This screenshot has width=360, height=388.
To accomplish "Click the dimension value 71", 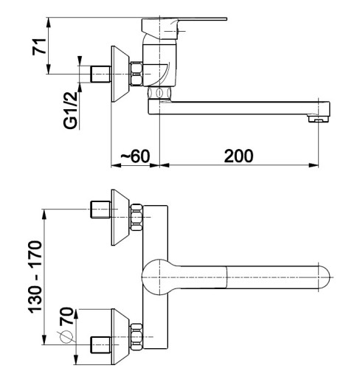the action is [x=39, y=46].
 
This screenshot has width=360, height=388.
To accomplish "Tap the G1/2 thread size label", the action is [x=70, y=110].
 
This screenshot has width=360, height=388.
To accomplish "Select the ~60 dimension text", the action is [x=135, y=156].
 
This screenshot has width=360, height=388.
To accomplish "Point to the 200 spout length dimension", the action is [x=238, y=156].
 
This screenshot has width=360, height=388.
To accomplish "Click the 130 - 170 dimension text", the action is [x=35, y=277].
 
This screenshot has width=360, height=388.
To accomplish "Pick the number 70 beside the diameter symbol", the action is [x=66, y=316].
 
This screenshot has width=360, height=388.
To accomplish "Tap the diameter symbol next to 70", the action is [x=66, y=337].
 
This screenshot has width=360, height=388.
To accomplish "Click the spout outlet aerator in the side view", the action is [x=318, y=119].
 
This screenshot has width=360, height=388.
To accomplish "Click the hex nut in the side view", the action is [x=136, y=74].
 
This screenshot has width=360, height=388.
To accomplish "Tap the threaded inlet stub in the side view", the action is [x=100, y=74].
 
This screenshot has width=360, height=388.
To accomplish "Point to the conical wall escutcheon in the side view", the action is [x=120, y=74].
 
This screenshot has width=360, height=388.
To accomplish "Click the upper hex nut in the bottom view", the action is [x=136, y=218].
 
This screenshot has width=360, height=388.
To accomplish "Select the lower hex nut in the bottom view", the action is [x=136, y=337].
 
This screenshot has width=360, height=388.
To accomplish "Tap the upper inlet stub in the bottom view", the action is [x=100, y=209].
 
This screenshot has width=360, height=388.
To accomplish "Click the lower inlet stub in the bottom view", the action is [x=100, y=344].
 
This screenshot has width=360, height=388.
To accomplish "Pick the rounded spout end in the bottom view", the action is [x=324, y=277].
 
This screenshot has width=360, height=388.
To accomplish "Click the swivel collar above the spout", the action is [x=159, y=93].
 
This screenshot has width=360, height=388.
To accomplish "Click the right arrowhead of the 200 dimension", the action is [x=314, y=165].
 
